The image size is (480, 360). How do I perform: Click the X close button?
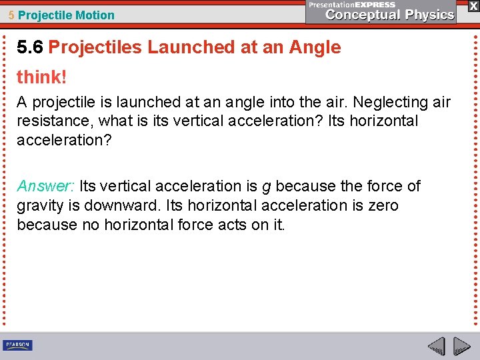point(473,5)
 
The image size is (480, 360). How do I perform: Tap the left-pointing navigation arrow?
point(436,346)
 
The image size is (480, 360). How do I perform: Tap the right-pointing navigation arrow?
point(462,346)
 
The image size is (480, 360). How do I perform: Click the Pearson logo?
point(17,345)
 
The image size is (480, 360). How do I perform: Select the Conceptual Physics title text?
point(389,15)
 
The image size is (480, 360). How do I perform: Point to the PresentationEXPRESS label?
point(352,4)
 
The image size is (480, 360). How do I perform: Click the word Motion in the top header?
point(95,15)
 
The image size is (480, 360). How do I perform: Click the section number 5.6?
point(31,47)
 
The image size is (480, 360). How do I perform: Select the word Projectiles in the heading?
point(95,47)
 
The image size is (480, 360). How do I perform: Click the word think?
point(42,77)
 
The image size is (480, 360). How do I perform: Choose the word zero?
point(383,205)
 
